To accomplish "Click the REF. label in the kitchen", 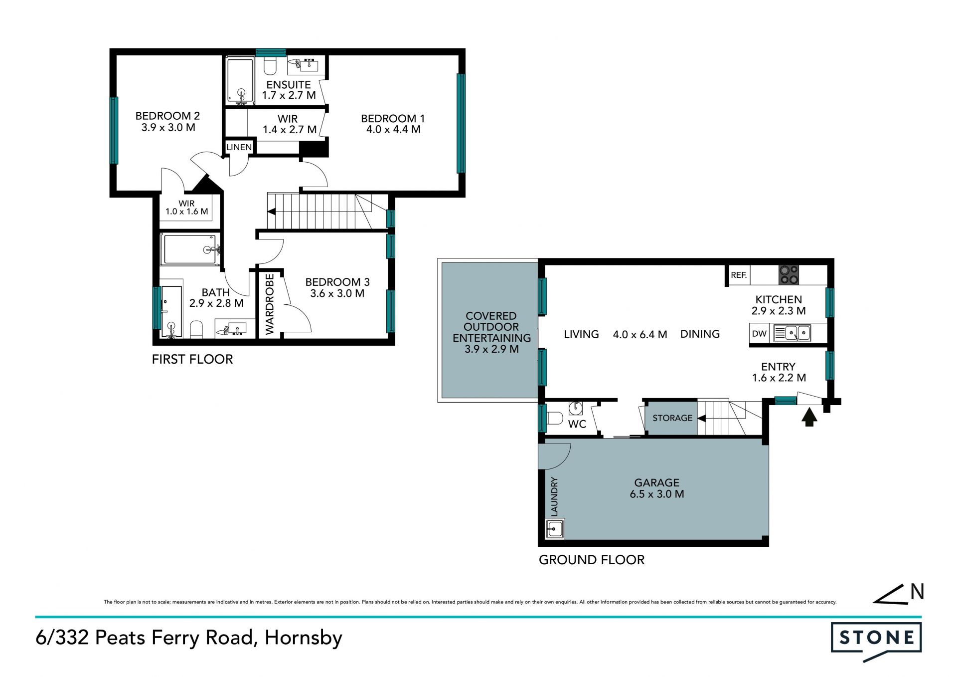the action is point(738,275).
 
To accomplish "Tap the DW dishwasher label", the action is point(759,334).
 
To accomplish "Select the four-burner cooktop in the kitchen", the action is point(789,274).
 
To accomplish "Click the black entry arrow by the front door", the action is point(809,417).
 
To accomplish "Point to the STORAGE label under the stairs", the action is point(672,418).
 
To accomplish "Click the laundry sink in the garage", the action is point(555,528).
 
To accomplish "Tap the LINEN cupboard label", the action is point(239,147).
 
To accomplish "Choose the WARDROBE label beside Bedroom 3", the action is point(270,304).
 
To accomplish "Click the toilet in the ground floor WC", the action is point(554,418).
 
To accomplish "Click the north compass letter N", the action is point(917,592).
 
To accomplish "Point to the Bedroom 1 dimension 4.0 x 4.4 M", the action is point(393,130).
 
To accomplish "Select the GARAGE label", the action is point(656,482).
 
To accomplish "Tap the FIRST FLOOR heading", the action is point(192,359).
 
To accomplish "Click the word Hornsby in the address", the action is point(304,638).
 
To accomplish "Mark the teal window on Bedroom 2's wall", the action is point(114,130).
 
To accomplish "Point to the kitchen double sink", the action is point(792,333).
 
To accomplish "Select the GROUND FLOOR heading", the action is point(592,560).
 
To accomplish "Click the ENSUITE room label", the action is point(288,85).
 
